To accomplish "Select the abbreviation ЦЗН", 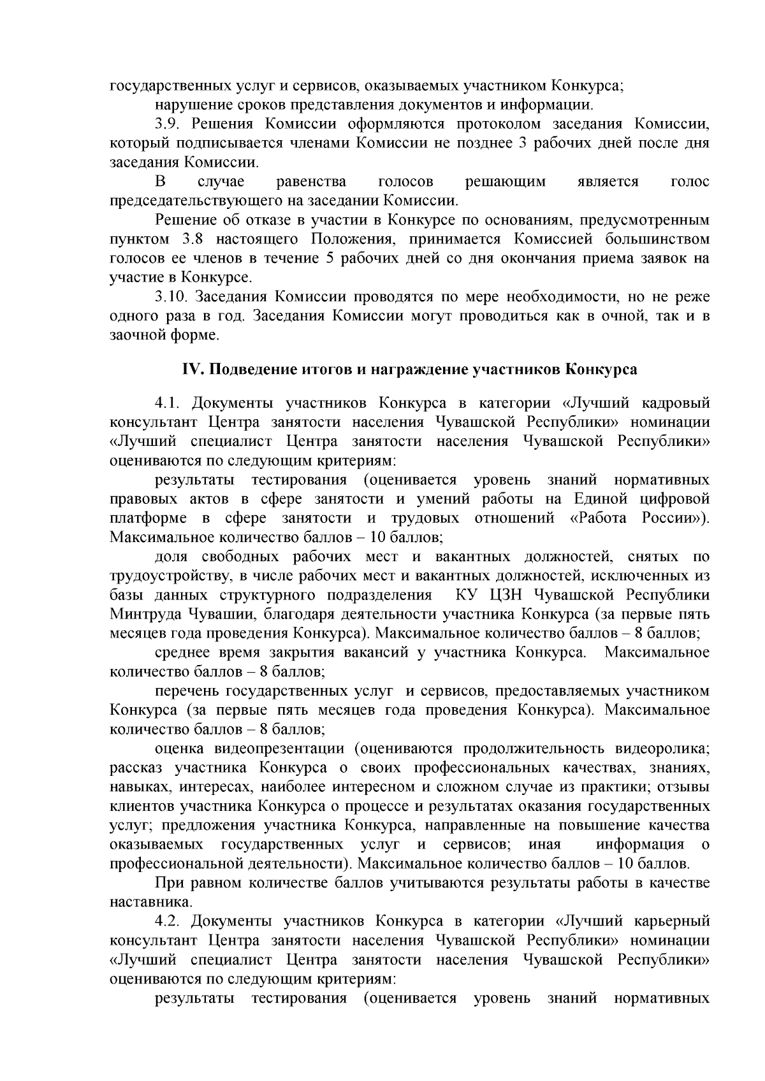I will tap(506, 596).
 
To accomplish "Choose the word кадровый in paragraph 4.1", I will tap(675, 403).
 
